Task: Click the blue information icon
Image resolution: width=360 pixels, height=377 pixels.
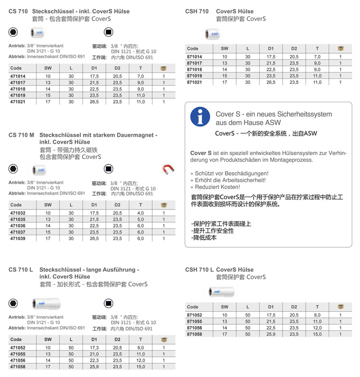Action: pyautogui.click(x=200, y=117)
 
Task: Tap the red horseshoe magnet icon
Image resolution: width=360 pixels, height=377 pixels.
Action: pyautogui.click(x=168, y=169)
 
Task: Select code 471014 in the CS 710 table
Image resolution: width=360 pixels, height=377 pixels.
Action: pyautogui.click(x=18, y=77)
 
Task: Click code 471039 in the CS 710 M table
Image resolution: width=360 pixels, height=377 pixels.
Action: pyautogui.click(x=18, y=239)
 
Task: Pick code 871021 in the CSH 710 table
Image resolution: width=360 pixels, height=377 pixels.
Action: pyautogui.click(x=194, y=82)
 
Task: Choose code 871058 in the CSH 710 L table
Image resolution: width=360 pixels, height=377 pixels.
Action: pyautogui.click(x=194, y=334)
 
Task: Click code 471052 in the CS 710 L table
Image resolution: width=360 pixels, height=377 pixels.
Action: pyautogui.click(x=18, y=348)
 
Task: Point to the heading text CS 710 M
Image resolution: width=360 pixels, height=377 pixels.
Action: pyautogui.click(x=22, y=135)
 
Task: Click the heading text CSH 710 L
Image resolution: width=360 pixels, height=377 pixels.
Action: pyautogui.click(x=200, y=270)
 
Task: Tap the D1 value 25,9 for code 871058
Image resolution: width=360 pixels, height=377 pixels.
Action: pyautogui.click(x=271, y=334)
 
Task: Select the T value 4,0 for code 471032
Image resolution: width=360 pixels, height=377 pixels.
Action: pyautogui.click(x=140, y=213)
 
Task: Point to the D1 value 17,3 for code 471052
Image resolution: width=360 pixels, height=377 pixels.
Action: pyautogui.click(x=94, y=348)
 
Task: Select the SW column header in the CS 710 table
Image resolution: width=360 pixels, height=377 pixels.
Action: pyautogui.click(x=48, y=68)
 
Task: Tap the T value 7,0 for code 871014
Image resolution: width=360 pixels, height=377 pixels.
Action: pyautogui.click(x=317, y=57)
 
